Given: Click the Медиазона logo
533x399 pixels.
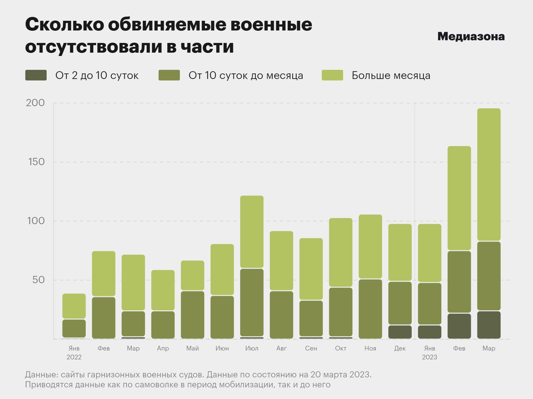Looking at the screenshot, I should click(x=471, y=36).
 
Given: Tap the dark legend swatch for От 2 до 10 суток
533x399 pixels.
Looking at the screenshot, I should click(x=36, y=75).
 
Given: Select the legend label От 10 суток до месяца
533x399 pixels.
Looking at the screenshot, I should click(x=246, y=75).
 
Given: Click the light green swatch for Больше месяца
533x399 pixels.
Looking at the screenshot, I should click(x=332, y=75).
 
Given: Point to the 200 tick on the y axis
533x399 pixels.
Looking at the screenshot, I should click(x=35, y=103).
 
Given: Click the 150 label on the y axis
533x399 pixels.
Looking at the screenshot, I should click(x=36, y=162).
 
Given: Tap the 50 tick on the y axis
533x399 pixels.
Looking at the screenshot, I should click(x=38, y=280).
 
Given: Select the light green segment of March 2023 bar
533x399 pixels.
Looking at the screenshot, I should click(x=489, y=175).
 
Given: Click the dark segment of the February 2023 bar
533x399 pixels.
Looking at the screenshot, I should click(x=459, y=326).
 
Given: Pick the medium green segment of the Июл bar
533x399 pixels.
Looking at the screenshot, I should click(x=252, y=302).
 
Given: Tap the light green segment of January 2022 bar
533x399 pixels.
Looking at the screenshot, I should click(x=74, y=306).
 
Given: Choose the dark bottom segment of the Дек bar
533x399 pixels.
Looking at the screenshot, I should click(x=400, y=332).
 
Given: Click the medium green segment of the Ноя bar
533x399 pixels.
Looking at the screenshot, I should click(x=370, y=309).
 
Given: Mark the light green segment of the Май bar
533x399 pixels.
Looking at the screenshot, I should click(x=192, y=275).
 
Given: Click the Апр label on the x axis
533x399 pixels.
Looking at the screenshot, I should click(x=163, y=348).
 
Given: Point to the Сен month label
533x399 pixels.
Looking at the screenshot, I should click(x=311, y=348).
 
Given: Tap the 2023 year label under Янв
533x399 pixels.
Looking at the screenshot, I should click(x=429, y=357).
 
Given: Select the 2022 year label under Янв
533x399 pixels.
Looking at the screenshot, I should click(x=74, y=357).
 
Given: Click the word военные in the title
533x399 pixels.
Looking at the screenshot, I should click(x=271, y=24).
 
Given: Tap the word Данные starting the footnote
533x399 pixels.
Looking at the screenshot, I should click(x=42, y=375).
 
